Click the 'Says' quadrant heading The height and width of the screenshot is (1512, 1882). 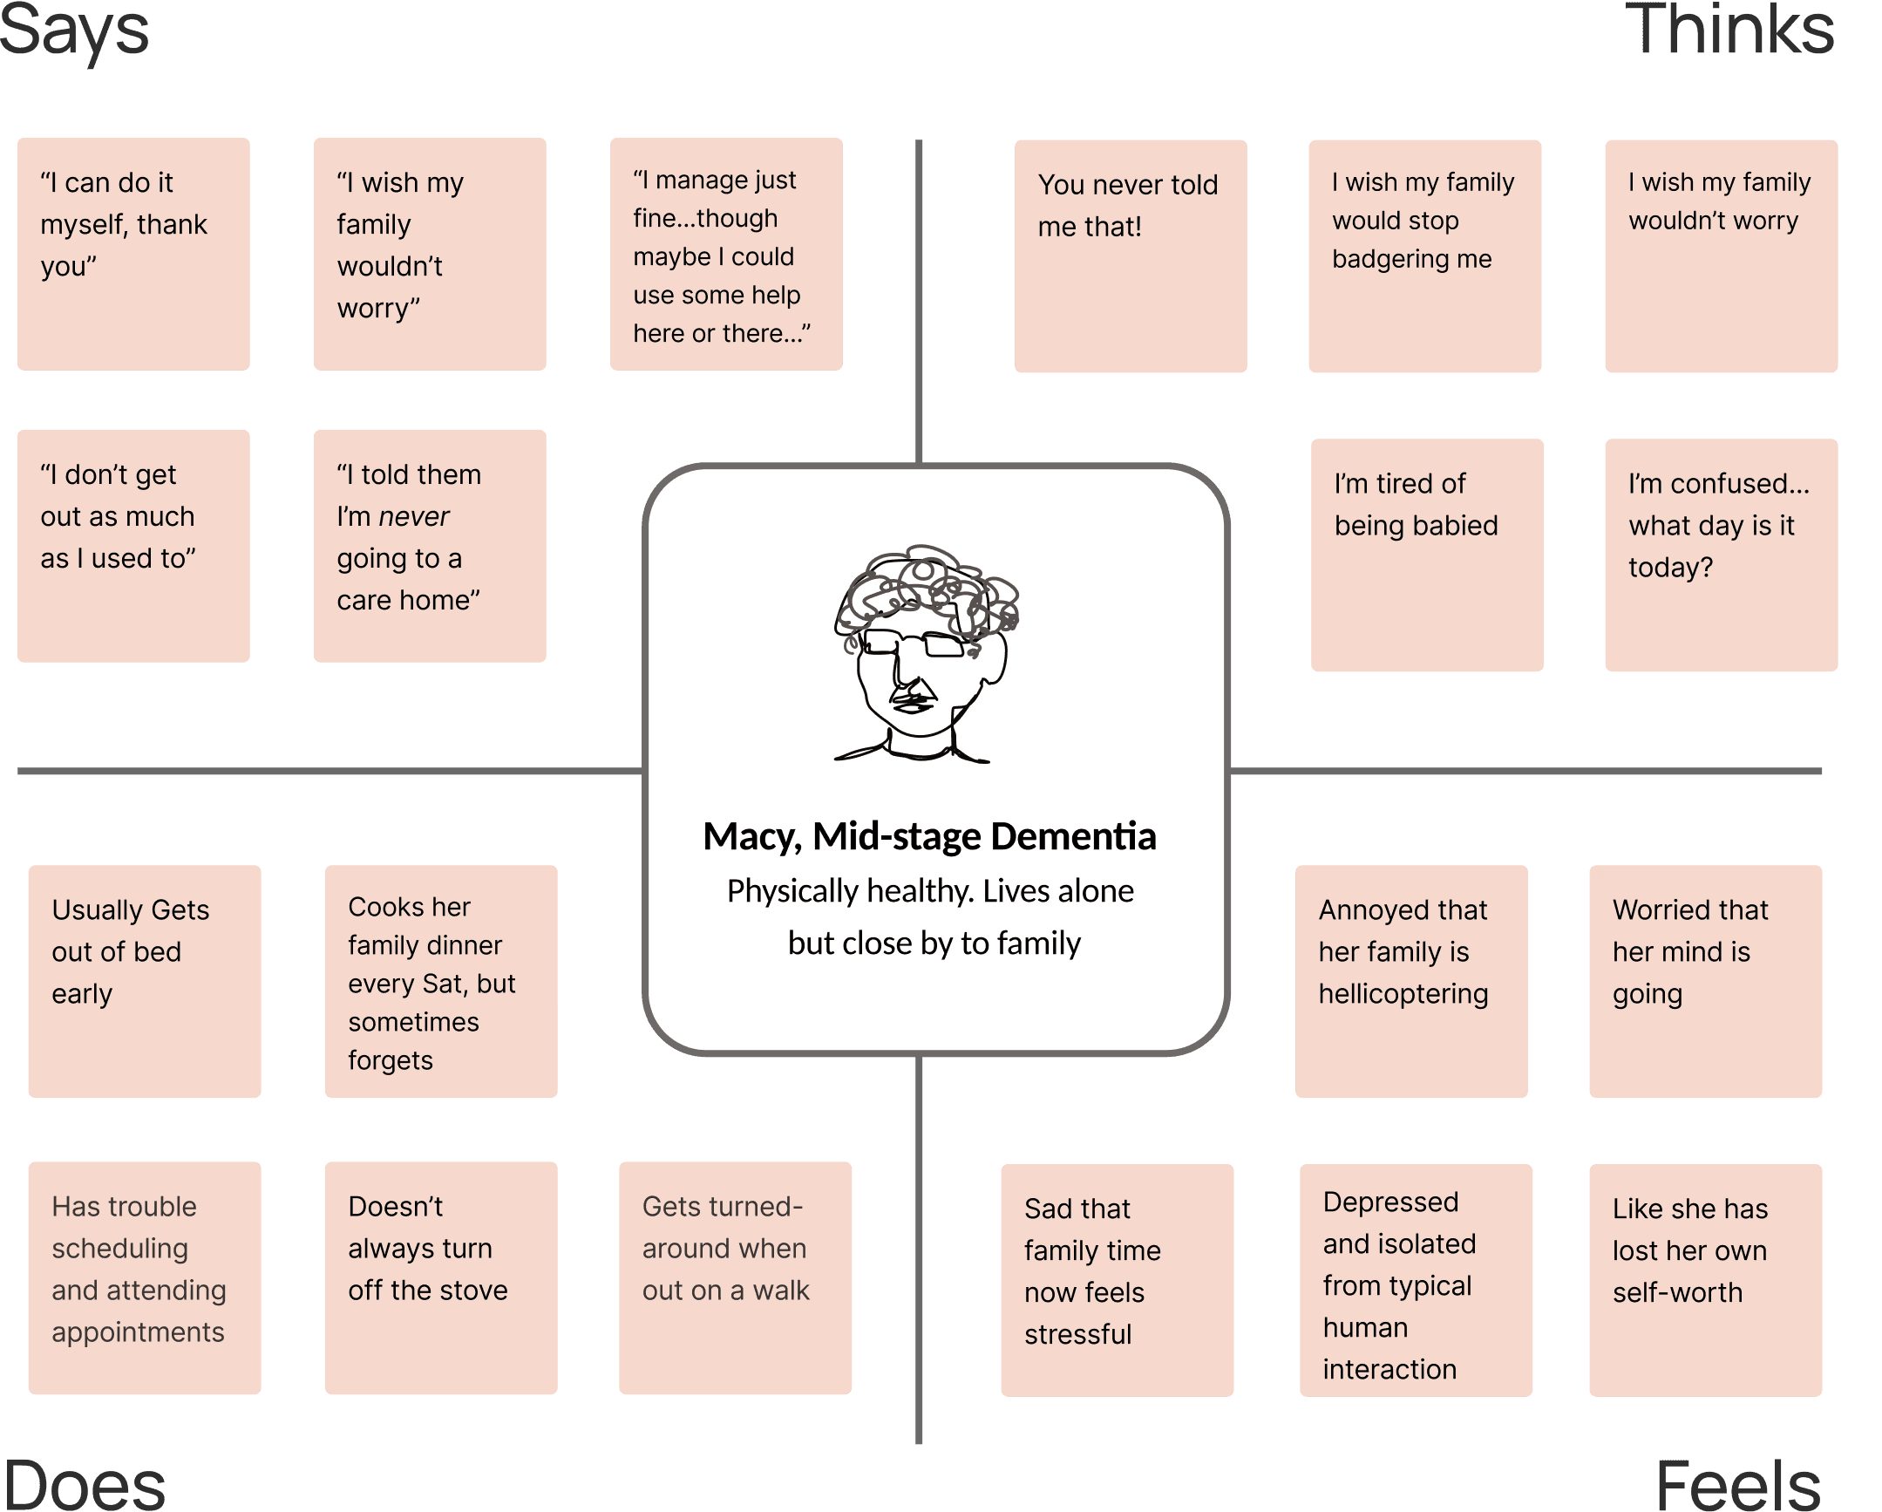[x=74, y=31]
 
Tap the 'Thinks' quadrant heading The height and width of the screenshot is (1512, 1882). [x=1728, y=31]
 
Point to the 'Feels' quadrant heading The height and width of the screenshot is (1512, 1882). [x=1737, y=1484]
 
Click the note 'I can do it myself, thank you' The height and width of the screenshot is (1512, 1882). [x=132, y=254]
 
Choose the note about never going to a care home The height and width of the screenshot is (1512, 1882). [x=430, y=546]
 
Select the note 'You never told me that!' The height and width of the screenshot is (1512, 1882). [x=1131, y=255]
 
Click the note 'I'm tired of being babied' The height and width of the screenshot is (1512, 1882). [x=1426, y=555]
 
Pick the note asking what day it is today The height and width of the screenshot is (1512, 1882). [x=1721, y=555]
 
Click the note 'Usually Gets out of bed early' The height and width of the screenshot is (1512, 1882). [x=144, y=981]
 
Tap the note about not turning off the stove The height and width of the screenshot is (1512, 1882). [x=440, y=1277]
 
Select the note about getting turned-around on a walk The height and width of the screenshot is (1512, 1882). [x=735, y=1277]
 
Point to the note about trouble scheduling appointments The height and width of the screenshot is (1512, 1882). [x=144, y=1277]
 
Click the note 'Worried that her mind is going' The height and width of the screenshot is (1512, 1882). [x=1705, y=981]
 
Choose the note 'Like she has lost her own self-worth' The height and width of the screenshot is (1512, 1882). [x=1705, y=1280]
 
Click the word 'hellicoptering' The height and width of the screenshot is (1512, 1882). [x=1403, y=994]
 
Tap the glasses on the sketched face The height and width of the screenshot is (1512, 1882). [x=916, y=644]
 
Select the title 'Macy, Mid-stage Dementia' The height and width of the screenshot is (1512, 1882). [x=929, y=836]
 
